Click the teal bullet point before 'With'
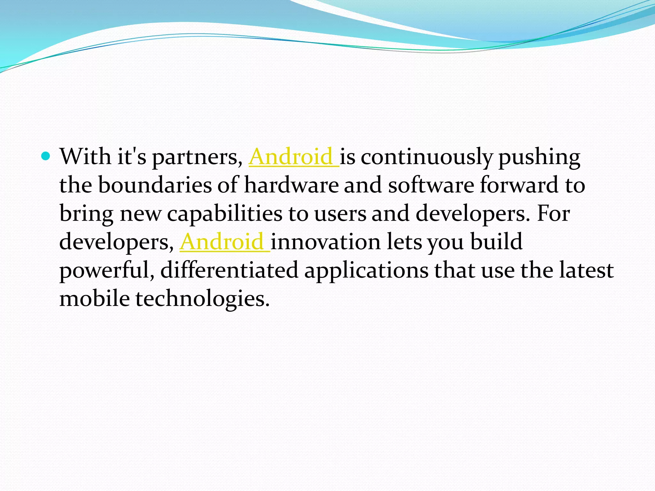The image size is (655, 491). point(46,157)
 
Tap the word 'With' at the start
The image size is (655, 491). point(85,157)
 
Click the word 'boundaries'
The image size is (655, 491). point(155,185)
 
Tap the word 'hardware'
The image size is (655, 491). point(291,185)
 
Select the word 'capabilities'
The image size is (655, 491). point(225,214)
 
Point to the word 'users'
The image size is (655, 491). point(340,214)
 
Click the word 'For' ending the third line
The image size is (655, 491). point(553,213)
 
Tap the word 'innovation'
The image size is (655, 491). point(326,242)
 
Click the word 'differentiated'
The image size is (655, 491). point(229,270)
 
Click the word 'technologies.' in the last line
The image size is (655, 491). point(202,299)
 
